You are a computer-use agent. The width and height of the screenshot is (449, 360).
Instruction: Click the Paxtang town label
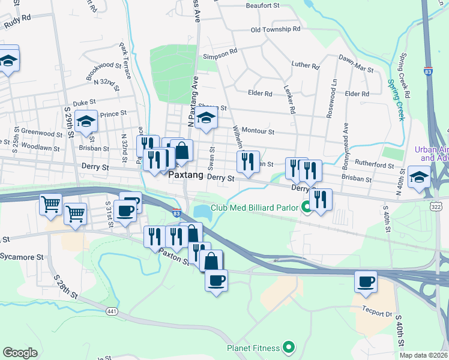pos(185,175)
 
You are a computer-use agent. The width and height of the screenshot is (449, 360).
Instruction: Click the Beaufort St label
pos(263,5)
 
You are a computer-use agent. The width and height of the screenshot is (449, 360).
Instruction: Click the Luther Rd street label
pos(305,65)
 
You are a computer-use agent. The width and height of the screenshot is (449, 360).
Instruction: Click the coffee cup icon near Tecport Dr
pos(366,281)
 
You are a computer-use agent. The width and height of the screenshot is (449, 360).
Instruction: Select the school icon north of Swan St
pos(206,118)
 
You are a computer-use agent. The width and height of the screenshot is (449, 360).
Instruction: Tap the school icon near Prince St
pos(86,122)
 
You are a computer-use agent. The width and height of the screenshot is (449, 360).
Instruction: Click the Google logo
pos(20,353)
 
